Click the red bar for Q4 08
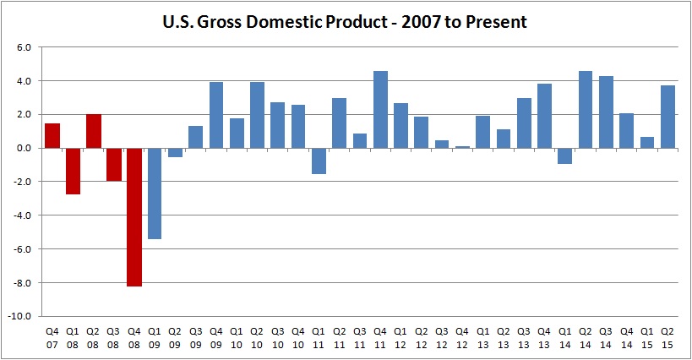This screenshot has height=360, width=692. point(134,217)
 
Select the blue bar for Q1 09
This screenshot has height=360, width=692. point(155,194)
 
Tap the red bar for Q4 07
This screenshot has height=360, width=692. point(52,135)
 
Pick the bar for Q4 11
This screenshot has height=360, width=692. point(381,110)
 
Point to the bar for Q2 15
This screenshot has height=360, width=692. point(667,117)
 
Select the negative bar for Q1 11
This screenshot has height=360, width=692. point(319,161)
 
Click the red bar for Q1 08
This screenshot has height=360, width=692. point(73,171)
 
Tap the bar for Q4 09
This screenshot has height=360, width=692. point(216,115)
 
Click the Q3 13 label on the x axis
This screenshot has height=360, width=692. point(525,337)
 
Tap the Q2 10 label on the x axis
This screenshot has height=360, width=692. point(258,337)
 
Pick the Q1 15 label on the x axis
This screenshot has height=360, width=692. point(647,337)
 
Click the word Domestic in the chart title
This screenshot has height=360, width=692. point(285,22)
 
